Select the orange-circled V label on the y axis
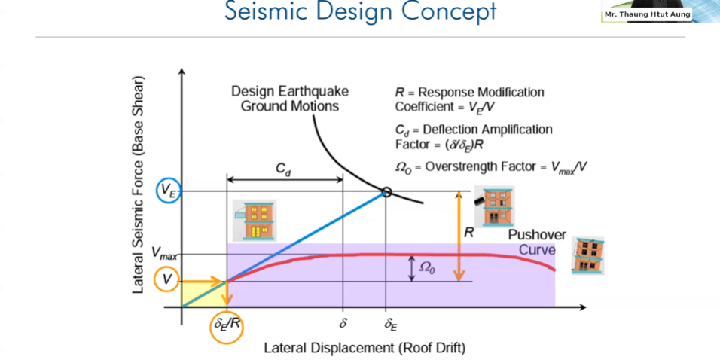[x=166, y=280]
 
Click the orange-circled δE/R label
[x=227, y=325]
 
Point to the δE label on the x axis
[x=391, y=325]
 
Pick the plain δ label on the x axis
[x=343, y=324]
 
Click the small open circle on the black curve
[x=386, y=192]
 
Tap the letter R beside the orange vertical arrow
[x=468, y=233]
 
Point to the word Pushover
[x=536, y=236]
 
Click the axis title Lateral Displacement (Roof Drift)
[x=365, y=348]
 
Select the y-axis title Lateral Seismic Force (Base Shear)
[x=139, y=185]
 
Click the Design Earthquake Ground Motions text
[x=290, y=99]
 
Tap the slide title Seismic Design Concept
[x=360, y=11]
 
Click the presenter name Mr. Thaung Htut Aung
[x=647, y=14]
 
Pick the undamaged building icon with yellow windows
[x=255, y=220]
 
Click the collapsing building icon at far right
[x=587, y=255]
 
